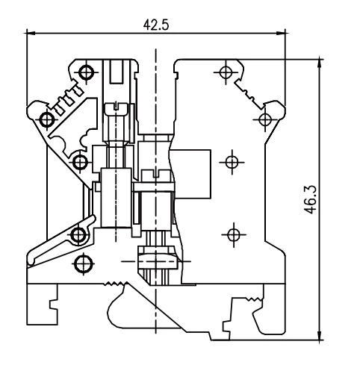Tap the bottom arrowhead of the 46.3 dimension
pyautogui.click(x=320, y=334)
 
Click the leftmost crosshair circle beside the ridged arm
pyautogui.click(x=47, y=119)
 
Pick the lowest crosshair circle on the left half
pyautogui.click(x=82, y=263)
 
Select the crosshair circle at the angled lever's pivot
pyautogui.click(x=78, y=236)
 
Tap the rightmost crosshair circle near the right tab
pyautogui.click(x=264, y=119)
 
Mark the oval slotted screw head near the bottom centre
pyautogui.click(x=158, y=261)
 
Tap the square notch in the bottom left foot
pyautogui.click(x=53, y=306)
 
